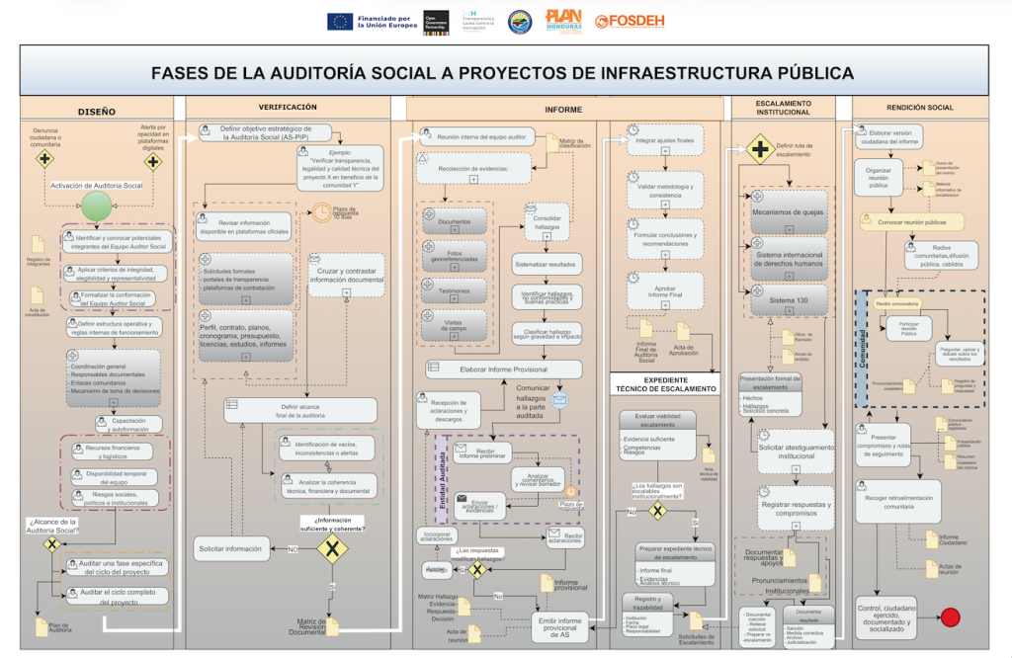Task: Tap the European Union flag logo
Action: click(340, 21)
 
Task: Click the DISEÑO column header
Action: click(97, 112)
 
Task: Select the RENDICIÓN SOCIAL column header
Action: click(919, 107)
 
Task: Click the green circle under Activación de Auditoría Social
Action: click(97, 206)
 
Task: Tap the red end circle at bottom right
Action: click(951, 617)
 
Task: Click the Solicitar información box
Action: click(231, 548)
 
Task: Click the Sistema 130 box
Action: click(788, 298)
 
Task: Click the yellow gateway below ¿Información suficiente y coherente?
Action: click(333, 549)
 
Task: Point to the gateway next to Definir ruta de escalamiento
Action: click(759, 150)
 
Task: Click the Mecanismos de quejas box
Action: click(788, 212)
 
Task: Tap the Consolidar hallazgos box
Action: click(547, 222)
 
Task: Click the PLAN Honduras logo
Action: click(563, 20)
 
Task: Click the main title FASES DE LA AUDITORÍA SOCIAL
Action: click(502, 73)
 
